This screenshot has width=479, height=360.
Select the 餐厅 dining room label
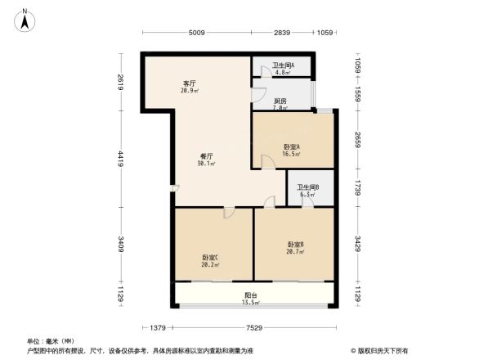coord(205,155)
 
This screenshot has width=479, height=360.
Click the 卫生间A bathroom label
coord(284,65)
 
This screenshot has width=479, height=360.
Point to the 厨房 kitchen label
coord(280,101)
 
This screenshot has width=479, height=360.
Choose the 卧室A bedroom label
coord(292,146)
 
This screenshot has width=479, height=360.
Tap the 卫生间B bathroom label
coord(307,187)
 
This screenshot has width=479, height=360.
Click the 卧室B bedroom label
coord(296,244)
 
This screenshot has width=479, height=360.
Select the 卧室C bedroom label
coord(210,258)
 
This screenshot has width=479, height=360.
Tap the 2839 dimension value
coord(282,34)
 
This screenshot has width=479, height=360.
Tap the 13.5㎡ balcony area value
coord(251,303)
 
